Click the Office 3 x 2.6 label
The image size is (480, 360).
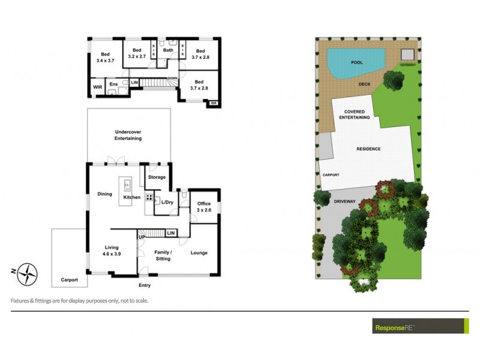click(204, 207)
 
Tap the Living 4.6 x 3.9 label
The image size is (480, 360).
click(111, 251)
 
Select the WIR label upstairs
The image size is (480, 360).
click(98, 87)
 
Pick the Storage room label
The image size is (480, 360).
click(157, 178)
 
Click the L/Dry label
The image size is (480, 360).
click(167, 203)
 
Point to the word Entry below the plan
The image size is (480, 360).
click(145, 286)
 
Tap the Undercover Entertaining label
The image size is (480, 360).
click(128, 135)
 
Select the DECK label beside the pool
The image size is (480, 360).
click(364, 85)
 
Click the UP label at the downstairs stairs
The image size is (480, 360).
click(142, 238)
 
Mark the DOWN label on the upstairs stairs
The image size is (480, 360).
click(172, 78)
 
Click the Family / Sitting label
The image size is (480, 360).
click(163, 255)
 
